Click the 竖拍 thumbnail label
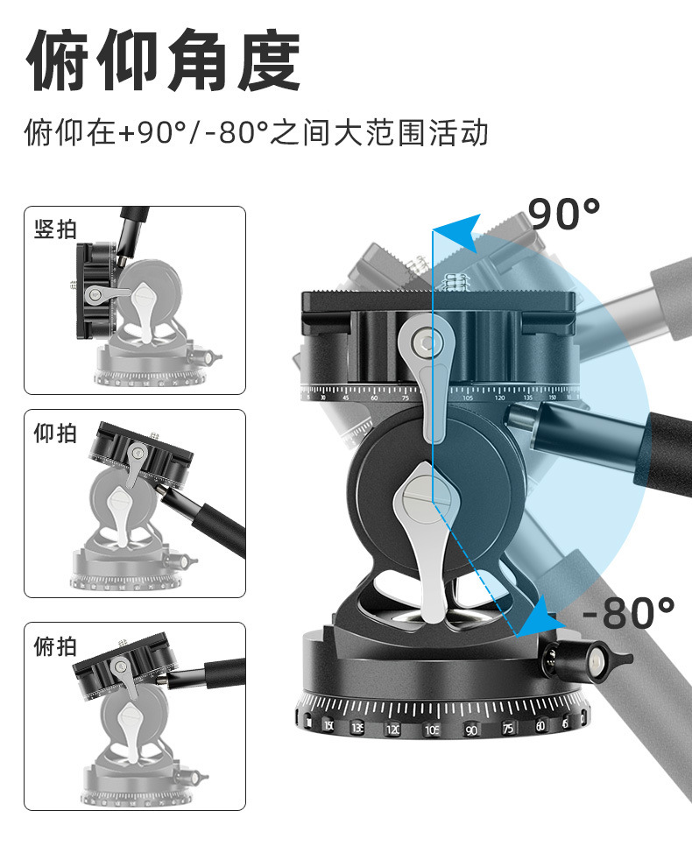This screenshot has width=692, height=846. click(56, 230)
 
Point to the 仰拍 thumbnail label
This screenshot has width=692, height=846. click(56, 434)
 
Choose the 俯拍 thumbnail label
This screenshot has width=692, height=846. click(56, 647)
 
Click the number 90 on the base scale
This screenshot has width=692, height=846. click(470, 730)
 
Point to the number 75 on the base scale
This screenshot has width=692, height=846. click(508, 728)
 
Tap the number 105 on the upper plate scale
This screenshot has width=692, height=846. click(467, 397)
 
